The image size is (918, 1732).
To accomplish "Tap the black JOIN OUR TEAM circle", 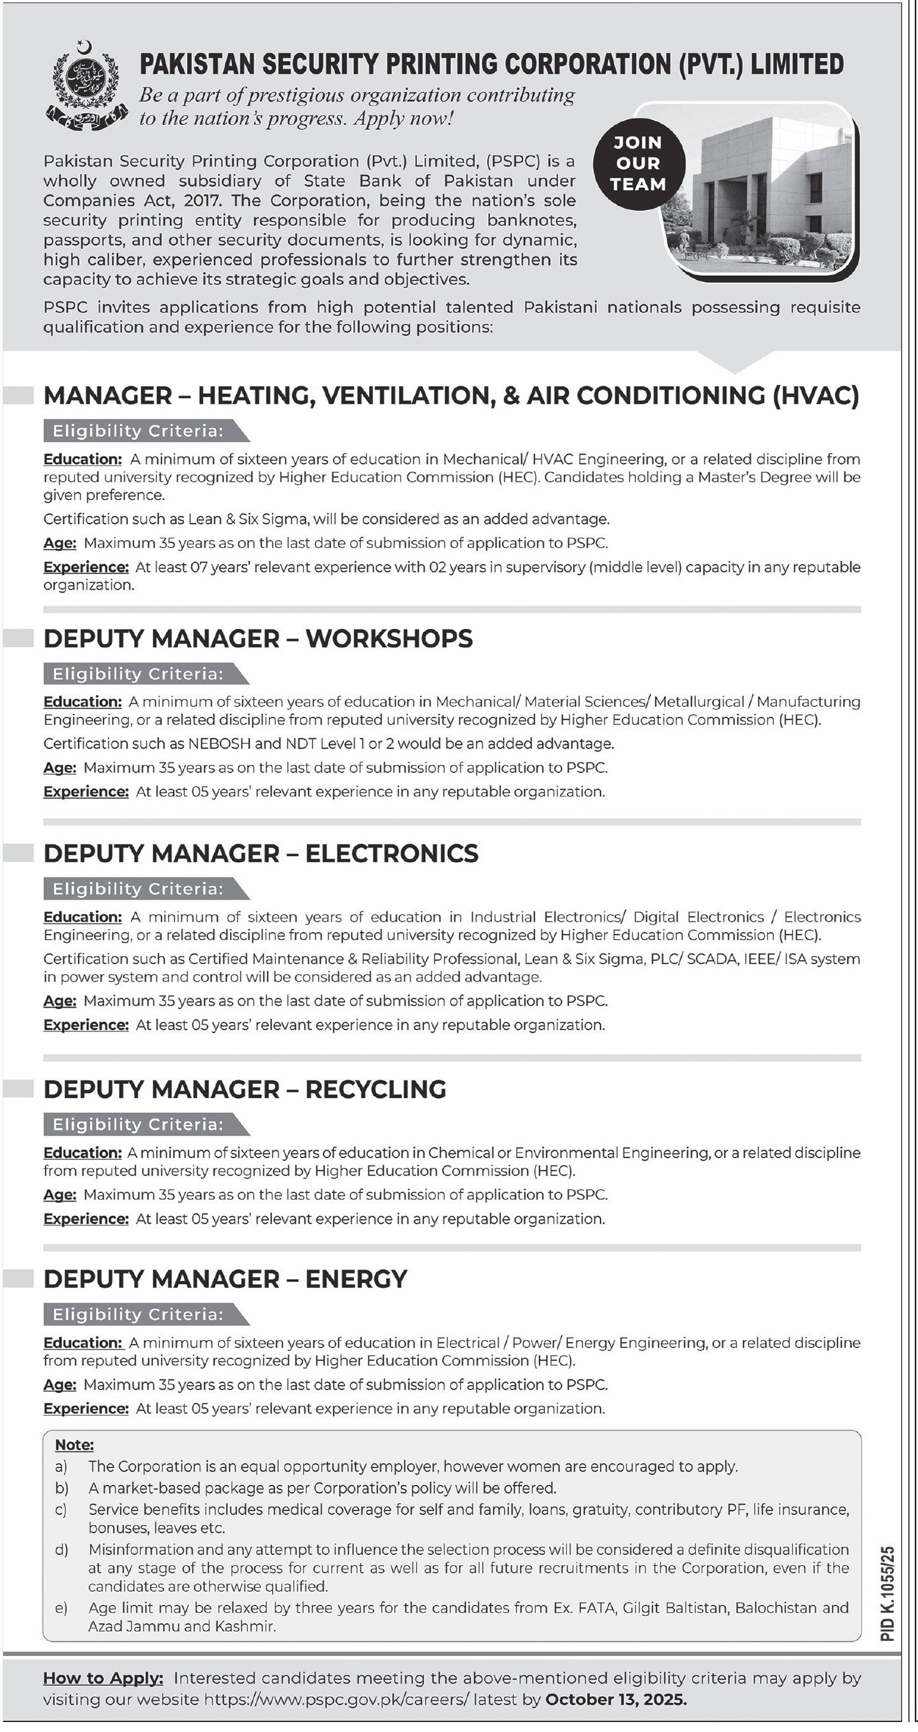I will tap(638, 163).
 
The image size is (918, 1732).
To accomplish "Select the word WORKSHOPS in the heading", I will tap(389, 639).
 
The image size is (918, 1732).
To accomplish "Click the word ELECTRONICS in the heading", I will tap(392, 854).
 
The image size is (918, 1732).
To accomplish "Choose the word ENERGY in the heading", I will tap(356, 1279).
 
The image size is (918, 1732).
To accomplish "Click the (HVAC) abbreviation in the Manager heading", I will tap(816, 396).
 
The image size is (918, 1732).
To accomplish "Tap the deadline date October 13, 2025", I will tap(616, 1700).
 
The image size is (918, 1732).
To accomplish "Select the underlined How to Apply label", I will tap(103, 1678).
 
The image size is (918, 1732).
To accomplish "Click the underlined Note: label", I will tap(74, 1445).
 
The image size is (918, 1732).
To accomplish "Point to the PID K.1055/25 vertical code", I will tap(888, 1593).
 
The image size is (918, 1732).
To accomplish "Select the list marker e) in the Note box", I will tap(61, 1608).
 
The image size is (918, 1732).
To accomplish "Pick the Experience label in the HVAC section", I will tap(85, 568).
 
